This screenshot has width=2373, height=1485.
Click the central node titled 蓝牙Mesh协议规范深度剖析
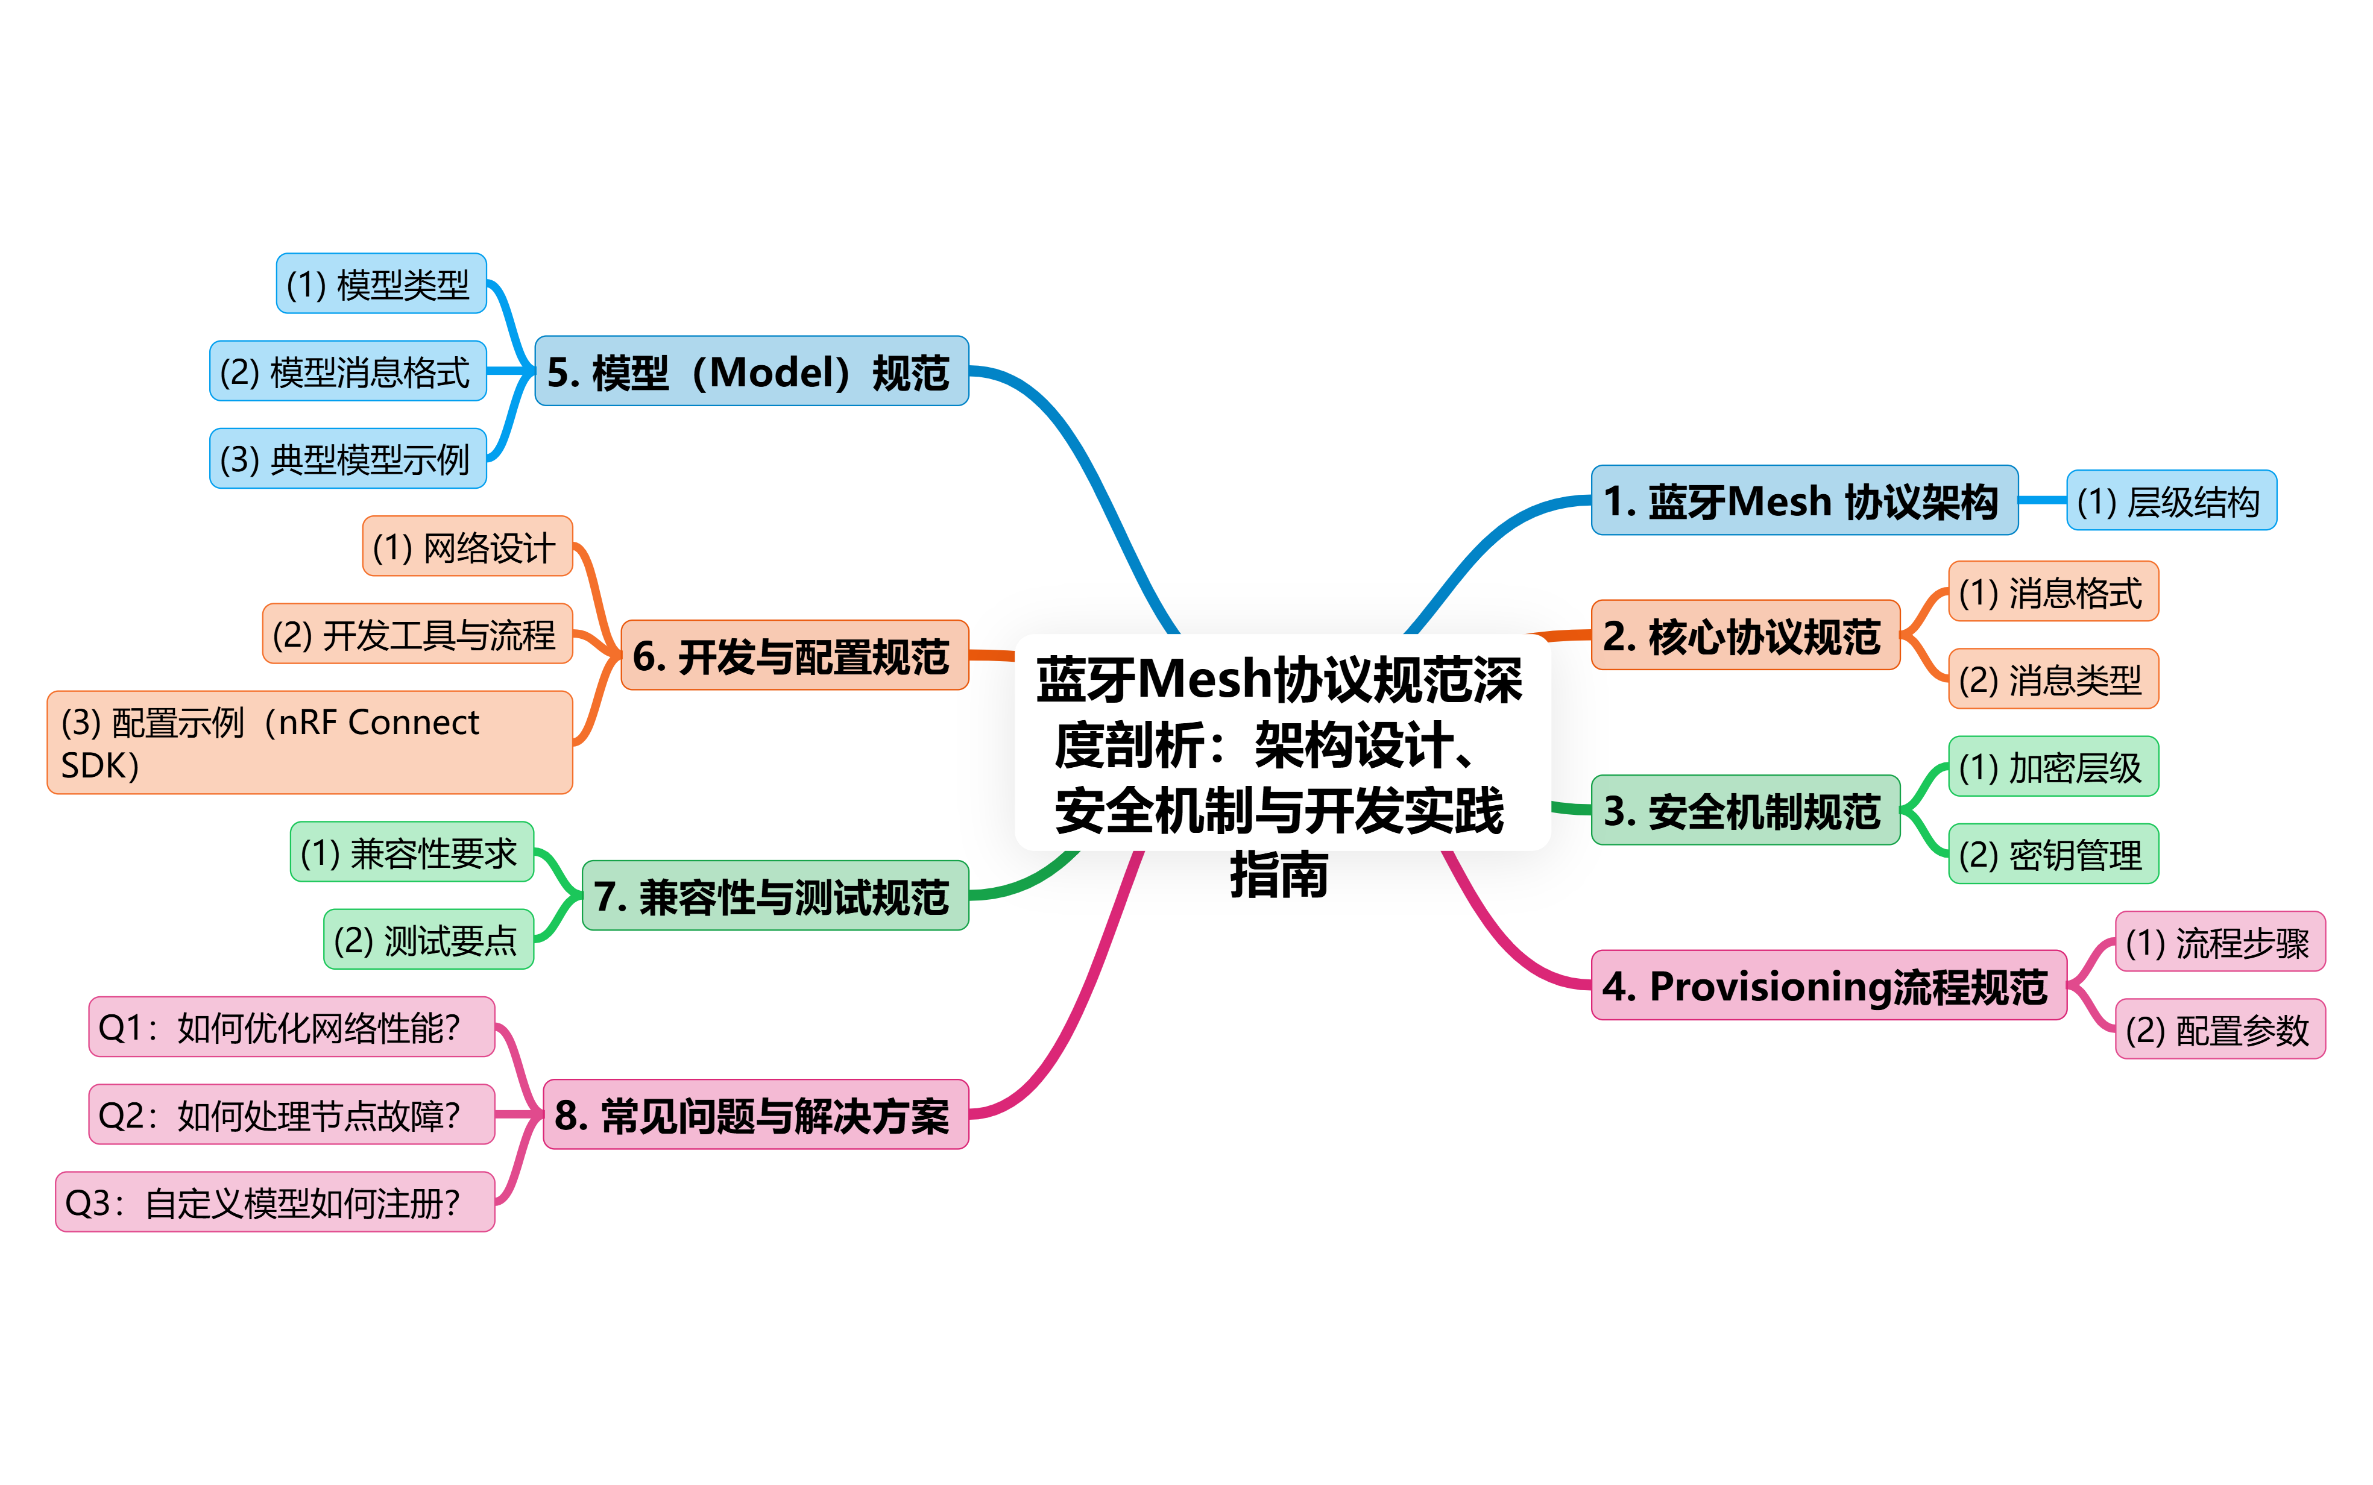tap(1282, 744)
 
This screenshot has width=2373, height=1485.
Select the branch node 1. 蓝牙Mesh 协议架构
tap(1803, 501)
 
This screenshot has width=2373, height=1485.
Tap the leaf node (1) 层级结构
tap(2170, 501)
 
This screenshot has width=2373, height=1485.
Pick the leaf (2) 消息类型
tap(2053, 679)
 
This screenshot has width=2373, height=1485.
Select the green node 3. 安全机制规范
tap(1744, 810)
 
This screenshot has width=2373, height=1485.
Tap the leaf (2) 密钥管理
tap(2053, 855)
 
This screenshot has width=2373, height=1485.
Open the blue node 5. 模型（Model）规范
tap(751, 371)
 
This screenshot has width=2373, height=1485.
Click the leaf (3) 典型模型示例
tap(348, 459)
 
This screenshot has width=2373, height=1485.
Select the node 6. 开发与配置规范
tap(793, 655)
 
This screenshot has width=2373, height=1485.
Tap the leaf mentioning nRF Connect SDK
tap(309, 742)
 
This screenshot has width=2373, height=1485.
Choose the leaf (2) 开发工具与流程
tap(417, 635)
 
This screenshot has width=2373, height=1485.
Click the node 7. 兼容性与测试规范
tap(774, 896)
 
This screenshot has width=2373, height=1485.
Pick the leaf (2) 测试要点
tap(428, 940)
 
